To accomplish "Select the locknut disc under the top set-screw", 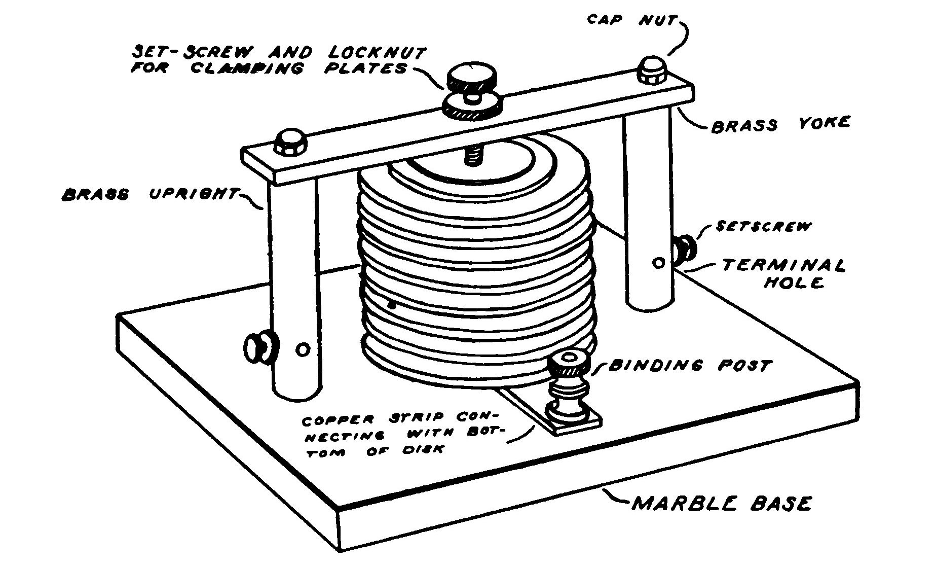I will click(x=471, y=107).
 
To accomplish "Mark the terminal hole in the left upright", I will click(x=303, y=349).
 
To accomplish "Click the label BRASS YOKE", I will click(x=780, y=124).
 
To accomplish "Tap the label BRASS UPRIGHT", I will click(x=149, y=194).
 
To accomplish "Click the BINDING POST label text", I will click(x=690, y=365).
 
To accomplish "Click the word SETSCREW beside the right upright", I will click(x=763, y=226).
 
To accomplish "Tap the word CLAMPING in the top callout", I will click(x=247, y=69).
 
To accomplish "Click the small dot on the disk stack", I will click(x=392, y=305).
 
